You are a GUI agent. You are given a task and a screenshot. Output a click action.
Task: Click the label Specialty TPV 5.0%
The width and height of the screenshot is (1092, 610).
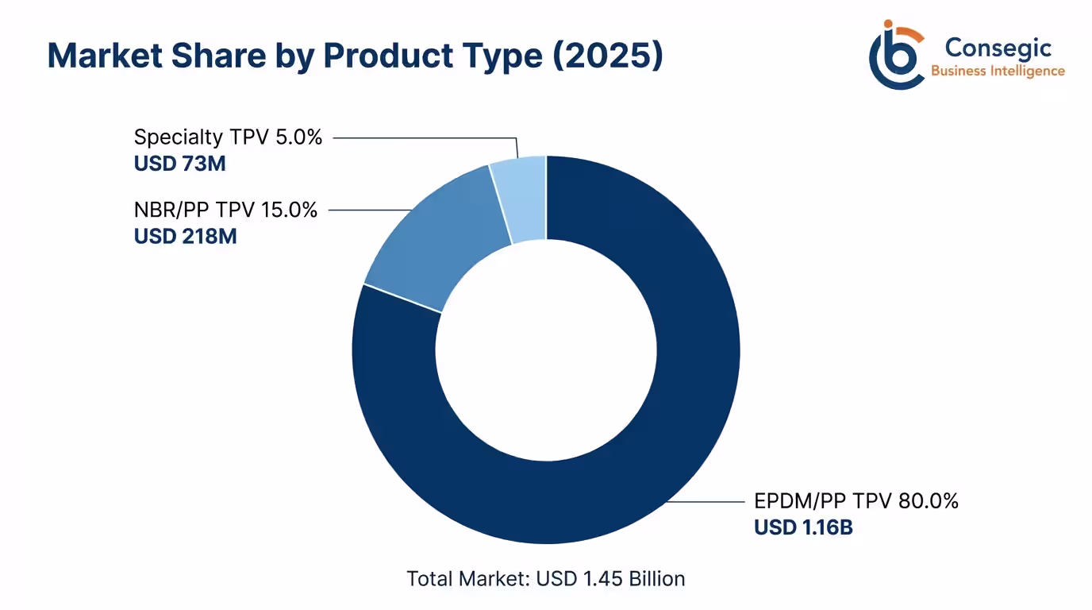(x=228, y=137)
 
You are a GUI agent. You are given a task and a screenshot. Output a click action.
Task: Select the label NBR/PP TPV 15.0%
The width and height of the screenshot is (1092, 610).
(x=225, y=210)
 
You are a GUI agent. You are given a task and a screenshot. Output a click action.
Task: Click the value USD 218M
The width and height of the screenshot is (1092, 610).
(x=185, y=237)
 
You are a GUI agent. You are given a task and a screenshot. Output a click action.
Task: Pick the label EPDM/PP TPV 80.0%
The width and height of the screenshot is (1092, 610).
(x=856, y=501)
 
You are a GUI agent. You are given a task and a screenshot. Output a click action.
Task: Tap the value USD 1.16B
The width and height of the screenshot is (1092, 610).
(x=803, y=527)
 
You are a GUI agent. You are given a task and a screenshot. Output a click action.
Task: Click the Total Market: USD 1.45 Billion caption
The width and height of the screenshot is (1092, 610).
(x=546, y=578)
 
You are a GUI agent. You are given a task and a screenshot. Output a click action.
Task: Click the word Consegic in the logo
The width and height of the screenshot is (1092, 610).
(x=998, y=48)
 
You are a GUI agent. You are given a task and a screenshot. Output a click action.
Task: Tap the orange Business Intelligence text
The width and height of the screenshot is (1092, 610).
(x=998, y=71)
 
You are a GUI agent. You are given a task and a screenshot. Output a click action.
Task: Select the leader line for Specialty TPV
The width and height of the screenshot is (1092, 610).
(x=421, y=137)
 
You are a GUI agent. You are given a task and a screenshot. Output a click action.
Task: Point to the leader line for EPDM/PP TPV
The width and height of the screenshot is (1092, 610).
(x=706, y=502)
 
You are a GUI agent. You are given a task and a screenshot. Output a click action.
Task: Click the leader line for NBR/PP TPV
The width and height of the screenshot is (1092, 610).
(x=369, y=210)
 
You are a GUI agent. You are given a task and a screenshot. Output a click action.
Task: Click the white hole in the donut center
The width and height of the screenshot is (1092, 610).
(x=546, y=349)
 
